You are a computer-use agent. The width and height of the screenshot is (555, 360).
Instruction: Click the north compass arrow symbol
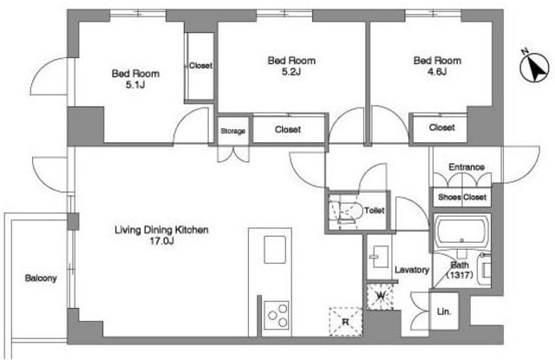pos(534,68)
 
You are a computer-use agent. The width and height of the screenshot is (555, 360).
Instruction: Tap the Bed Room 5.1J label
pos(135,79)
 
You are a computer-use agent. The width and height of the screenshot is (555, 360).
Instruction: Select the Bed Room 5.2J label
pos(291,66)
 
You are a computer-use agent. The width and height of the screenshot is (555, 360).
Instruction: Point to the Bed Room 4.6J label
pos(437,66)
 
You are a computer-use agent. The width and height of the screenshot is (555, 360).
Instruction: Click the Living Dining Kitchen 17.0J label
pos(161,235)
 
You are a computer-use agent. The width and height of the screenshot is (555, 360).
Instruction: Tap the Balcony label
pos(41,278)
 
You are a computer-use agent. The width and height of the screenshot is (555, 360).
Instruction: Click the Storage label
pos(233,131)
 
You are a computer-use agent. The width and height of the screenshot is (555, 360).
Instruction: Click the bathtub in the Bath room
pos(461,232)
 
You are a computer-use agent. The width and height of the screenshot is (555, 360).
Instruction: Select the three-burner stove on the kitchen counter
pos(277,316)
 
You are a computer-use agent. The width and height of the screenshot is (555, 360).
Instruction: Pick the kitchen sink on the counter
pos(275,249)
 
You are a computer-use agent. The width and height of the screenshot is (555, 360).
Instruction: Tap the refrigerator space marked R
pos(345,322)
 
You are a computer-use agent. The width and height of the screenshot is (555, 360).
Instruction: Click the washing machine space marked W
pos(381,296)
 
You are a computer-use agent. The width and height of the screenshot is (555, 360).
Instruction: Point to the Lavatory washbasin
pos(379,257)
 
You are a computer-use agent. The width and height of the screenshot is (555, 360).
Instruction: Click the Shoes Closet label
pos(462,197)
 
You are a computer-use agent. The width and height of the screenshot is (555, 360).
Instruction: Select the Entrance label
pos(467,167)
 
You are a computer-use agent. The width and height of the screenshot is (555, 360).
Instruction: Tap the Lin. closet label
pos(444,312)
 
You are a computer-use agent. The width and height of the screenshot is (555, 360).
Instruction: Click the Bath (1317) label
pos(460,270)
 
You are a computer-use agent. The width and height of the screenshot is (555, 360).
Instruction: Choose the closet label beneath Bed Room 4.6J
pos(441,127)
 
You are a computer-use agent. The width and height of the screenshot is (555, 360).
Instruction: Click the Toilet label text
pos(374,210)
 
